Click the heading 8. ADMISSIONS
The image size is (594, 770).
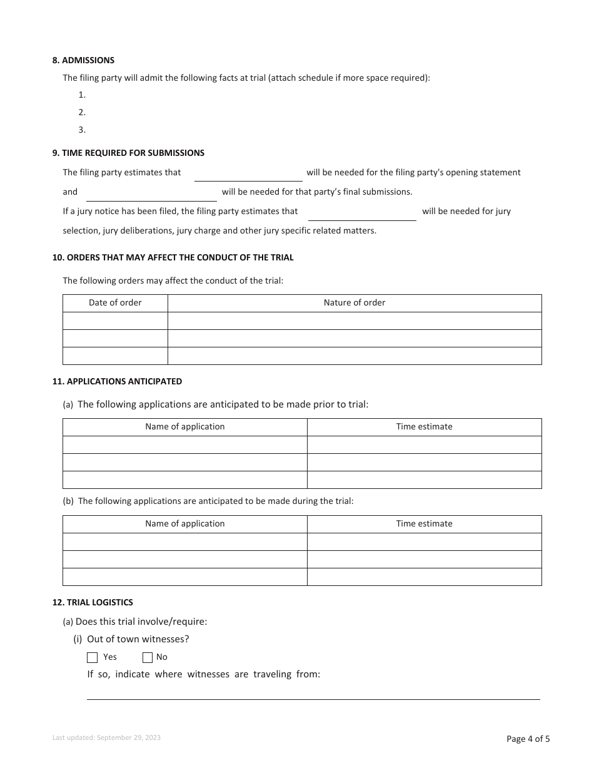tap(83, 61)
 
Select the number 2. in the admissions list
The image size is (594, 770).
tap(82, 113)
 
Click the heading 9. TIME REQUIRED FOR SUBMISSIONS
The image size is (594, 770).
tap(128, 153)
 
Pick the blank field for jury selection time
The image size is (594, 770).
tap(362, 213)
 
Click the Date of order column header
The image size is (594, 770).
tap(115, 303)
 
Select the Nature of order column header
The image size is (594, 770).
tap(355, 303)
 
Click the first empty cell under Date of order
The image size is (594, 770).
tap(115, 321)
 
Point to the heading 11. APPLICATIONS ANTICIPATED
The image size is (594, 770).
tap(117, 381)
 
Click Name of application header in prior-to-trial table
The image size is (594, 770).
tap(184, 427)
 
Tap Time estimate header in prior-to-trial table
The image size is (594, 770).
tap(424, 427)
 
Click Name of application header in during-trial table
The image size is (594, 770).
tap(184, 524)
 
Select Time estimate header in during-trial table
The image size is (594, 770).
tap(424, 524)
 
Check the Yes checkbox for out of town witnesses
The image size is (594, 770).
tap(93, 657)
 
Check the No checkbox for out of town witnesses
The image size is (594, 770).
tap(148, 657)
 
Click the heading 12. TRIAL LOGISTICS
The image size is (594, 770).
tap(93, 603)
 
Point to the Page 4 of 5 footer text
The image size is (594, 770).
tap(528, 739)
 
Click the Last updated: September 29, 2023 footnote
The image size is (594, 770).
tap(106, 738)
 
